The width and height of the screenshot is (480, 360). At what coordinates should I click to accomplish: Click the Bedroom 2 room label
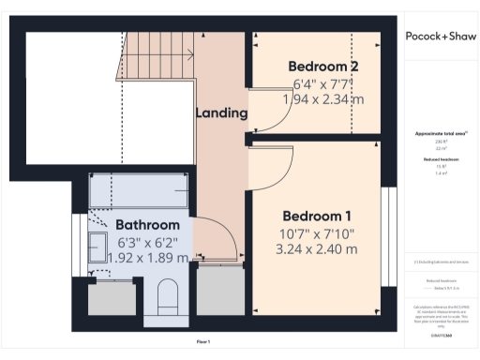tap(322, 67)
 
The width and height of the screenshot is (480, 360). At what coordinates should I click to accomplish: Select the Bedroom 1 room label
tap(317, 213)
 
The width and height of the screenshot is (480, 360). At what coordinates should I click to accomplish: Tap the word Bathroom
tap(147, 225)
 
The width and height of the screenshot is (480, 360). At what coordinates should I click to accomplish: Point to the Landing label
tap(221, 113)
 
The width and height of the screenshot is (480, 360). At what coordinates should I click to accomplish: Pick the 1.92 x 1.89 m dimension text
tap(143, 257)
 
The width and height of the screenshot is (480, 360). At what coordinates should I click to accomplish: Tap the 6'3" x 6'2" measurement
tap(146, 241)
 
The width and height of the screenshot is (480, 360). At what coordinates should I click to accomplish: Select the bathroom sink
tap(100, 248)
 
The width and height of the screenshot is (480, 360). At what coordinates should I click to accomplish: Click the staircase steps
tap(159, 57)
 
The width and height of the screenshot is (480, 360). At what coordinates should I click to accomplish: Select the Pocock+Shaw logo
tap(441, 37)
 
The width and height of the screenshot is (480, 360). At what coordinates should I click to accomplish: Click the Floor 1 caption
tap(202, 342)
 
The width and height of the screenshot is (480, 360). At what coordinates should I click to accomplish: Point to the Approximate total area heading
tap(441, 134)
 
